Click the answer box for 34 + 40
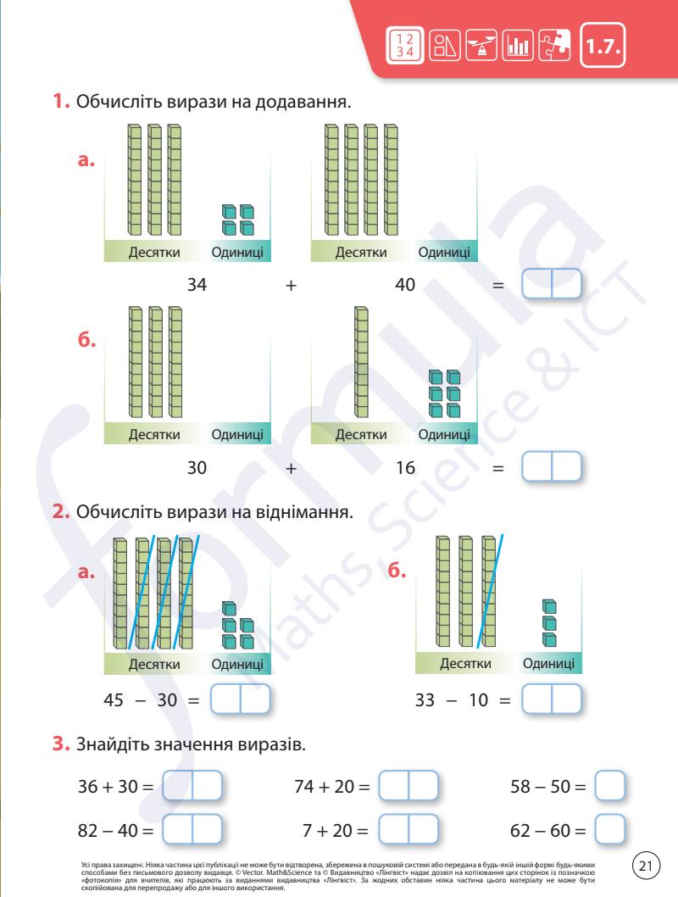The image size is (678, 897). pyautogui.click(x=552, y=284)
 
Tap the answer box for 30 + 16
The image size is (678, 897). pyautogui.click(x=552, y=467)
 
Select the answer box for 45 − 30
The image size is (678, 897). pyautogui.click(x=240, y=699)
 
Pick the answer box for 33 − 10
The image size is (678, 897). pyautogui.click(x=552, y=699)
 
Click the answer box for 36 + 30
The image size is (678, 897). pyautogui.click(x=192, y=786)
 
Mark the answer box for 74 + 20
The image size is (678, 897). pyautogui.click(x=408, y=786)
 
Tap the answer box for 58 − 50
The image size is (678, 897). pyautogui.click(x=610, y=786)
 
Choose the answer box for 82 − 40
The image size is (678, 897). pyautogui.click(x=192, y=828)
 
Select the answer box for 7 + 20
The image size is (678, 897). pyautogui.click(x=408, y=828)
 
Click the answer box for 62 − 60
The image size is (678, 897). pyautogui.click(x=610, y=828)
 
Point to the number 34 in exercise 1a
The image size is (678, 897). pyautogui.click(x=197, y=286)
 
